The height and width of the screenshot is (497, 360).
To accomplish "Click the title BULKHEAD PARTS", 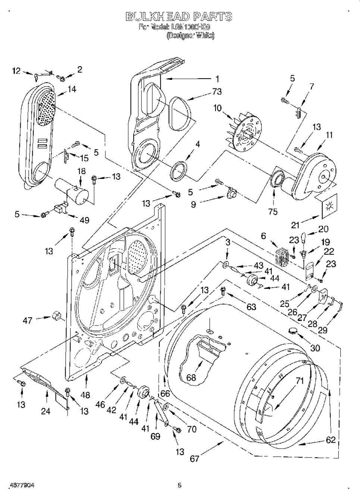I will click(x=179, y=16).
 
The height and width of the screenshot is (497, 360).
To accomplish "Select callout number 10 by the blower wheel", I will click(x=217, y=108).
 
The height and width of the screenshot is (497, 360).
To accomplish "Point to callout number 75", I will click(x=273, y=212).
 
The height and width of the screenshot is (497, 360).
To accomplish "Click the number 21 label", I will click(x=295, y=225).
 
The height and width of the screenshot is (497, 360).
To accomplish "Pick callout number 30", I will click(x=315, y=348).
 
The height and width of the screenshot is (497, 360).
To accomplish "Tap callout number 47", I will click(x=28, y=320).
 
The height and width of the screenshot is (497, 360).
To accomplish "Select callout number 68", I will click(x=191, y=378).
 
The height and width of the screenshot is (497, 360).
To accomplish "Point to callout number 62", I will click(x=331, y=440).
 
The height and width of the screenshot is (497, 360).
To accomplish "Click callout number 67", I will click(x=194, y=459).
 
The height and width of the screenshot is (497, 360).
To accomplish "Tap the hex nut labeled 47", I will click(x=58, y=316).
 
